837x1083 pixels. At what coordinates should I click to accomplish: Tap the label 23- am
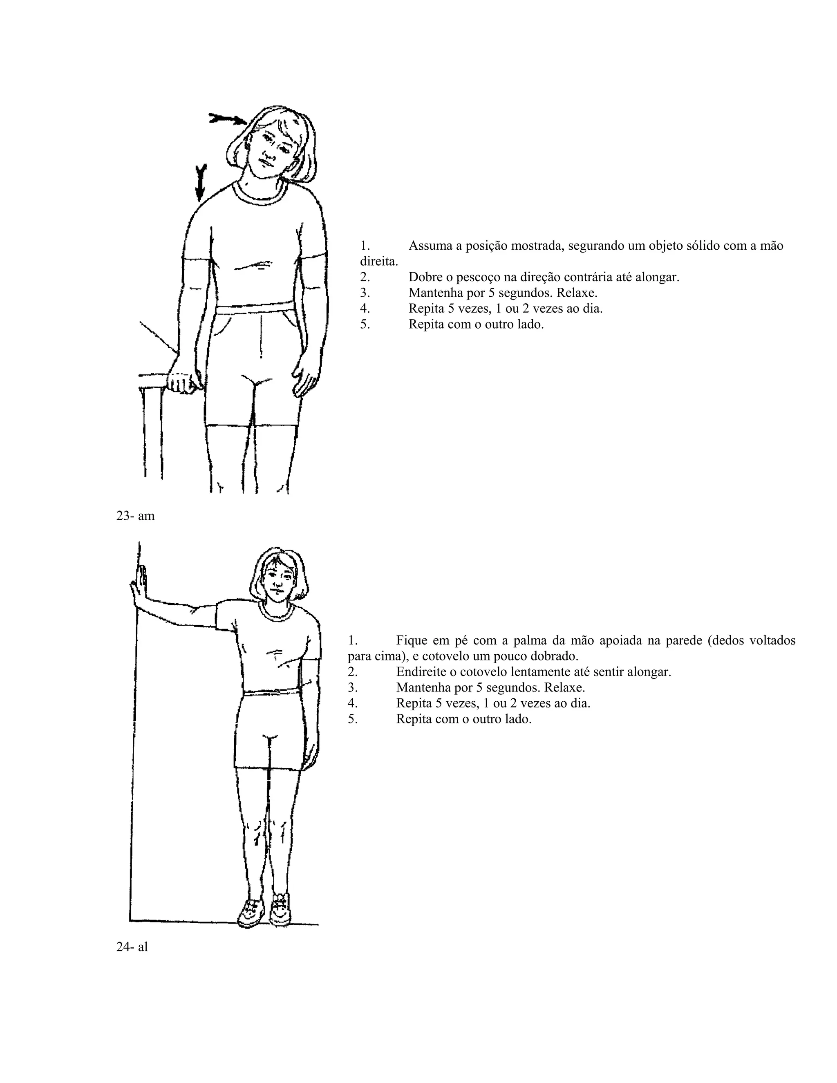pyautogui.click(x=135, y=516)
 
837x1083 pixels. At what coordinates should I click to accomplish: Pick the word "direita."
pyautogui.click(x=379, y=261)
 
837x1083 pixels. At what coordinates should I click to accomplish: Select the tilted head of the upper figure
pyautogui.click(x=271, y=146)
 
